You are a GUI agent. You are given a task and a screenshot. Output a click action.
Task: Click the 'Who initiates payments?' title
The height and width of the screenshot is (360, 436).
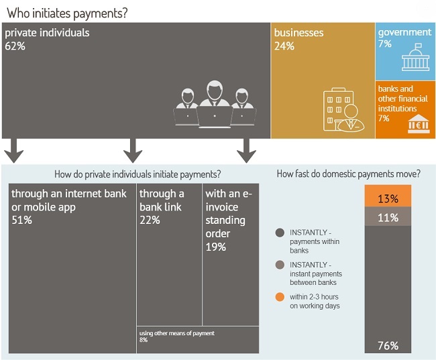(x=67, y=13)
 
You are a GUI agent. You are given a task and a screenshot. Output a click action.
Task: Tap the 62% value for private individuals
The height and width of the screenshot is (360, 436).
(x=15, y=46)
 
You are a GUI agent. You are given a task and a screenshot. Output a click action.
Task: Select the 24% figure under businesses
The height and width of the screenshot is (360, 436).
(x=284, y=46)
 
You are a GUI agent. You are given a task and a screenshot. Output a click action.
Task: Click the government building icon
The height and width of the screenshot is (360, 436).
(x=415, y=57)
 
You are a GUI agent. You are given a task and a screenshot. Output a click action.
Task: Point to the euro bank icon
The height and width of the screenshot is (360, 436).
(x=419, y=124)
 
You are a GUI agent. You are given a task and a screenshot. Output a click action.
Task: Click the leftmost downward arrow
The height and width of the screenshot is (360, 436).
(x=13, y=151)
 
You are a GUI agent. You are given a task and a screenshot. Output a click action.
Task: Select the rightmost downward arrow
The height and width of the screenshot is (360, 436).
(x=246, y=151)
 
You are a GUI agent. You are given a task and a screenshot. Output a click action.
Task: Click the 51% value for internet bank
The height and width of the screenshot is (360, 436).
(x=21, y=220)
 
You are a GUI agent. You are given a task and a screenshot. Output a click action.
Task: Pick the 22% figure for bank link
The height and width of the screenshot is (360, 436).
(x=150, y=220)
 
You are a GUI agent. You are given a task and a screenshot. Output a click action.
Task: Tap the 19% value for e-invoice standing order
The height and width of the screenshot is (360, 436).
(x=216, y=247)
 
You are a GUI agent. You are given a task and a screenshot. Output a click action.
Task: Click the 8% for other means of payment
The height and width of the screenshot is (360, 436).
(x=144, y=340)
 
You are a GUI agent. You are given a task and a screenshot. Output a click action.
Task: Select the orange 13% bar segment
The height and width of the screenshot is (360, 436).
(x=388, y=196)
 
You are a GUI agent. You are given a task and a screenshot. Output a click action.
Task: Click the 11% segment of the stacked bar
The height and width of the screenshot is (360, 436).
(x=388, y=217)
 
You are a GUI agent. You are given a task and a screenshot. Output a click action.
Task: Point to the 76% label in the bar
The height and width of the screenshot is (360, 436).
(x=388, y=346)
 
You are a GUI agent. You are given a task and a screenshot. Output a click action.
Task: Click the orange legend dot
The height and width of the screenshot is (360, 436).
(x=280, y=297)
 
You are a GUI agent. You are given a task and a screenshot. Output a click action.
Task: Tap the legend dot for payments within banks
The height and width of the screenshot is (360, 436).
(x=280, y=233)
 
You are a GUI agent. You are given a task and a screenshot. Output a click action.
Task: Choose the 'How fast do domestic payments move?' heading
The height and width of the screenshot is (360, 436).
(x=349, y=174)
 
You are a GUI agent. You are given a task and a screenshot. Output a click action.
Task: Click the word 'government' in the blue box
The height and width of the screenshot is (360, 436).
(x=404, y=33)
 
